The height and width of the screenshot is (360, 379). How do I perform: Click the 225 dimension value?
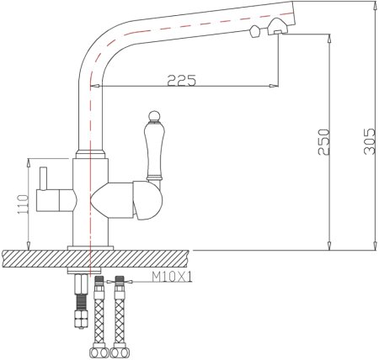pos(181,81)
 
